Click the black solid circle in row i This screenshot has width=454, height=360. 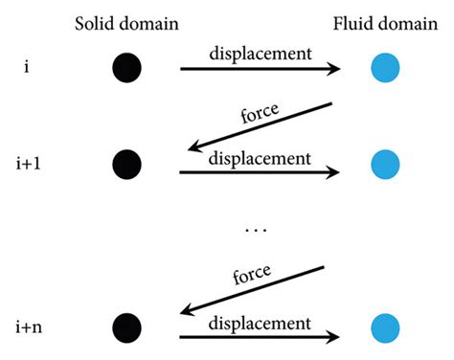(126, 69)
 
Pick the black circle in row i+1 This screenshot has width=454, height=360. (126, 161)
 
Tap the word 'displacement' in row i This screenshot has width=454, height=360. (259, 55)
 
